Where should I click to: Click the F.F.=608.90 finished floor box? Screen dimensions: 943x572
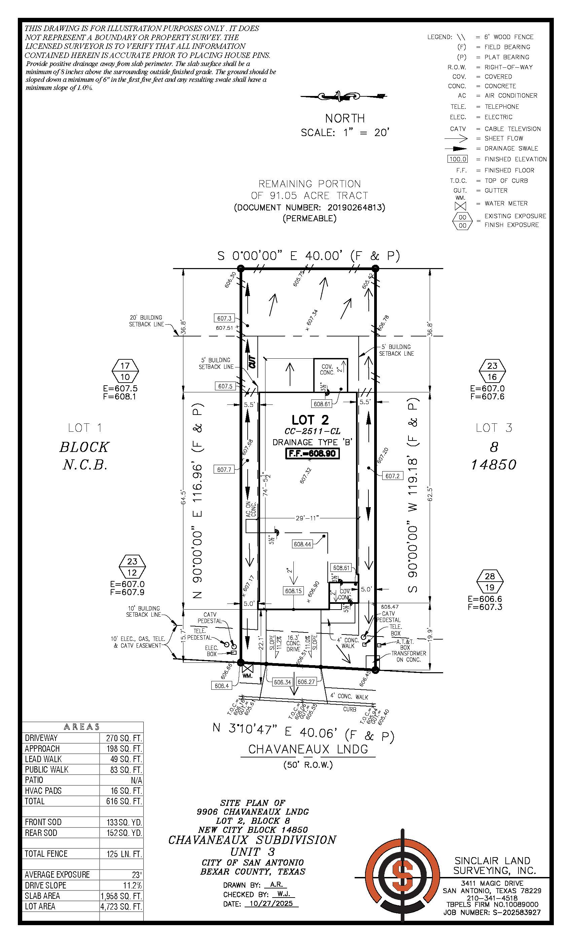pos(312,454)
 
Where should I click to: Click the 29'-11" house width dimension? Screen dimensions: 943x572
pos(307,518)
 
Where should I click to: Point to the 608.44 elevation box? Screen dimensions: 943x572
pos(302,544)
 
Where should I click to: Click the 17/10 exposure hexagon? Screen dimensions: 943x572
pos(125,371)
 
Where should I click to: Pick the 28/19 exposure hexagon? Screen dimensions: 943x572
pos(490,582)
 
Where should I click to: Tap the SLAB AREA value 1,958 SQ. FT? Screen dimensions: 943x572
pos(121,896)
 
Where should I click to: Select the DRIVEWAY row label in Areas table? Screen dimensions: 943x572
pos(41,738)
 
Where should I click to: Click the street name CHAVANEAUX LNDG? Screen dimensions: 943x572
pos(308,749)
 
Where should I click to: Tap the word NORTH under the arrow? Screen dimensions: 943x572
pos(345,118)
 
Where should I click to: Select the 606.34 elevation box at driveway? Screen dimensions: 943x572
pos(283,682)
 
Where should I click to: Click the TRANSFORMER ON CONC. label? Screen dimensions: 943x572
pos(408,656)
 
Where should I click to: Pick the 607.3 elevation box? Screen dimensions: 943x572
pos(224,318)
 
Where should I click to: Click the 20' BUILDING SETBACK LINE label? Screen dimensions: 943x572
pos(146,321)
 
